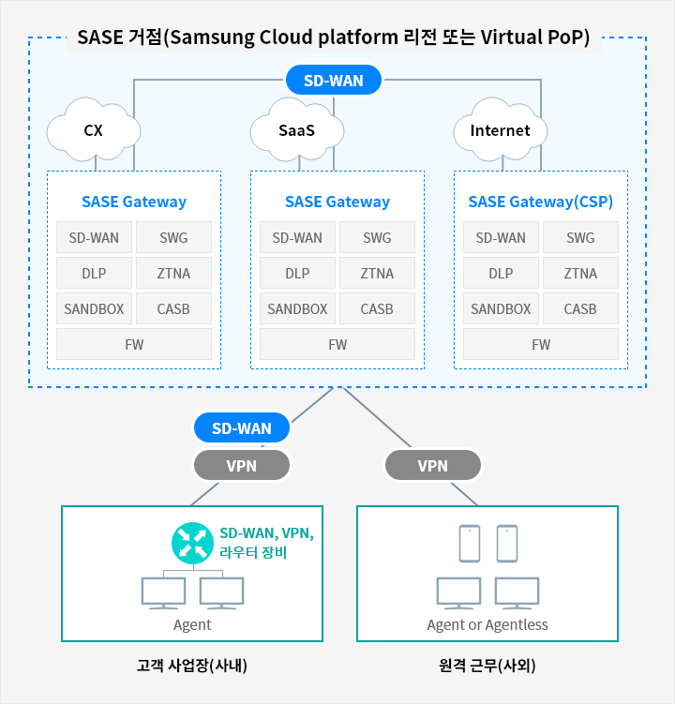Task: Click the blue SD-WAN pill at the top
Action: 334,81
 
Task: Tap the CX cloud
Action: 94,130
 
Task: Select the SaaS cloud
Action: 297,130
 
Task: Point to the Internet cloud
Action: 501,130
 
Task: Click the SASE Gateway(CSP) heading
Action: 541,202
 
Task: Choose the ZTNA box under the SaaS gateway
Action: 377,273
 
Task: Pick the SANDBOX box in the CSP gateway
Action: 501,309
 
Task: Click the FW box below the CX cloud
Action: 134,344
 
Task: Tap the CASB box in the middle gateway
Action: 377,309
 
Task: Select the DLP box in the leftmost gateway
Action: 94,273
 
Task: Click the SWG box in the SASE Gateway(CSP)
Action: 580,237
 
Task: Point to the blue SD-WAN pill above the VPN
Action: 242,427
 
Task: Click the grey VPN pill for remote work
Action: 433,466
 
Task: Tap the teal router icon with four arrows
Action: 192,543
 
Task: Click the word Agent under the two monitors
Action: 192,624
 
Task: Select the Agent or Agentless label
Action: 487,624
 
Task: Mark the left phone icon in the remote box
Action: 470,544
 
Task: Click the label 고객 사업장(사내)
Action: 192,665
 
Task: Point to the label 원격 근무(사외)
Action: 487,665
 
